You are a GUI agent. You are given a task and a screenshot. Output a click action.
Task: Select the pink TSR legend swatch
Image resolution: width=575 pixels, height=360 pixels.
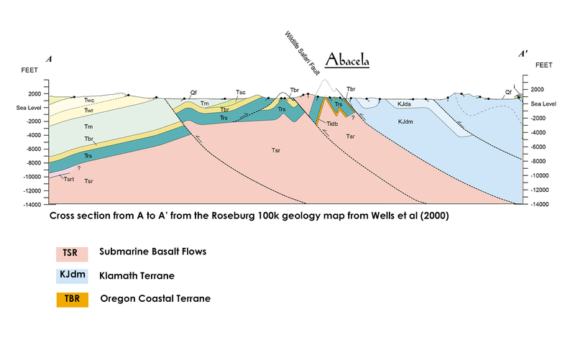[72, 254]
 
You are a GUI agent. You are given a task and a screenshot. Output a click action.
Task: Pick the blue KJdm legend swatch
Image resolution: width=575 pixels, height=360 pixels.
[72, 276]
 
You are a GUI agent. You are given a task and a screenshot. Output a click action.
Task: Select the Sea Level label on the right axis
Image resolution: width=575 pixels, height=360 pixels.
[544, 103]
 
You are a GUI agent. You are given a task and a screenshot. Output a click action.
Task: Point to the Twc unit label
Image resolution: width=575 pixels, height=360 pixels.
[89, 101]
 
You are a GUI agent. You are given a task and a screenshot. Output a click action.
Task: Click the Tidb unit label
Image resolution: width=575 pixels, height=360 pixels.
[331, 124]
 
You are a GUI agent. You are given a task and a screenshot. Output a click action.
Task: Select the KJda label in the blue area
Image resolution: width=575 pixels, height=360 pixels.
[405, 104]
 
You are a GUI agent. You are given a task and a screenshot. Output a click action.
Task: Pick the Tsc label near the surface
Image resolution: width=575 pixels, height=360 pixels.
[241, 93]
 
